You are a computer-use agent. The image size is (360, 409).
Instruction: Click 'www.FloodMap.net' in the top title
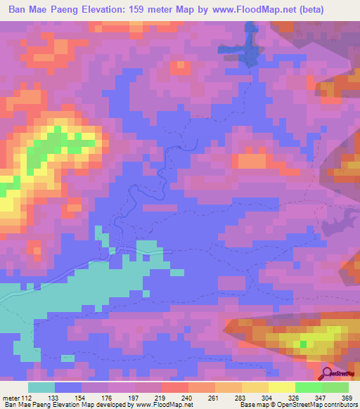click(251, 9)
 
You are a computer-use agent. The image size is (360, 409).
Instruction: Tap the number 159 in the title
click(143, 9)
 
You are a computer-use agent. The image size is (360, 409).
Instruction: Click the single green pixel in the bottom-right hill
click(304, 344)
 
